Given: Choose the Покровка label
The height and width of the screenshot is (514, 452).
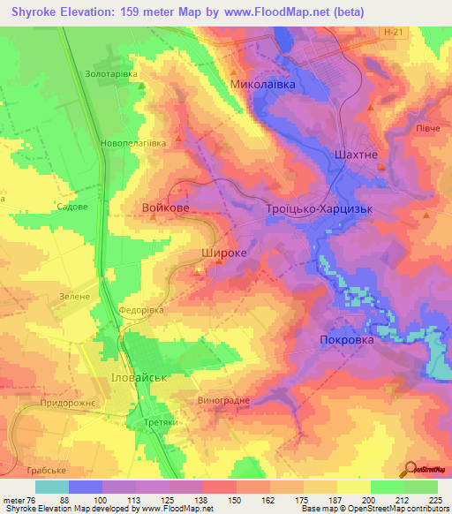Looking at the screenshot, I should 346,339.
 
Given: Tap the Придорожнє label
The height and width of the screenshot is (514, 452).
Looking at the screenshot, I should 69,403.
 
